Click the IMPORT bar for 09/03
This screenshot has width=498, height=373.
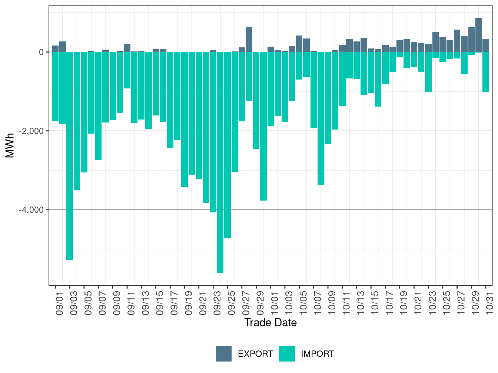coord(70,155)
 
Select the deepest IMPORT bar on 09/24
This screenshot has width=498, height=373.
coord(220,163)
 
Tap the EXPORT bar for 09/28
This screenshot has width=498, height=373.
coord(249,39)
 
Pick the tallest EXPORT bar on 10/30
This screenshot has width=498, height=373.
coord(479,35)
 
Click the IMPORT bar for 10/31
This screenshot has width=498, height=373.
coord(486,72)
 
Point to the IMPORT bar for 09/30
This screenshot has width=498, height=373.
coord(263,126)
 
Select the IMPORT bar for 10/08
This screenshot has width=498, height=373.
coord(321,118)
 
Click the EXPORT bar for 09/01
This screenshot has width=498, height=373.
coord(55,49)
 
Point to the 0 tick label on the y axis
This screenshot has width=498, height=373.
coord(41,52)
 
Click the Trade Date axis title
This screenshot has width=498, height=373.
coord(270,323)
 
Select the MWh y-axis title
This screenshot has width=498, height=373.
coord(10,145)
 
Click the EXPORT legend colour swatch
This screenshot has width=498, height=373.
coord(224,354)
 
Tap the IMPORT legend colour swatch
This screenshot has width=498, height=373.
coord(287,354)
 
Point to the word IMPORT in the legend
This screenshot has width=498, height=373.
coord(318,354)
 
